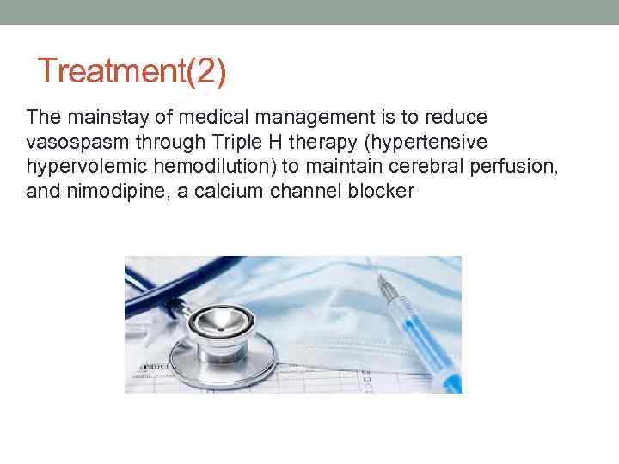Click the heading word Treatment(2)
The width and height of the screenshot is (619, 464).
[132, 71]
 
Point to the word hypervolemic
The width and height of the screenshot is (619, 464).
[75, 166]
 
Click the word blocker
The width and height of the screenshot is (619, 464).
[375, 191]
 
